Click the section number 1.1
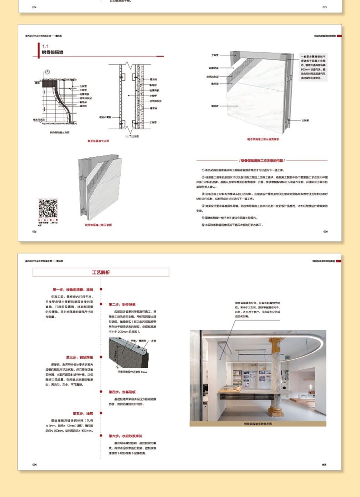45,46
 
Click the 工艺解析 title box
101,273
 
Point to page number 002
34,232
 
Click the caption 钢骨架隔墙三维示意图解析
263,140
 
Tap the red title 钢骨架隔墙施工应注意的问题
262,160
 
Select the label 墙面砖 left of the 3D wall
214,106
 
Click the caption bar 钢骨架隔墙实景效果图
258,424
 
